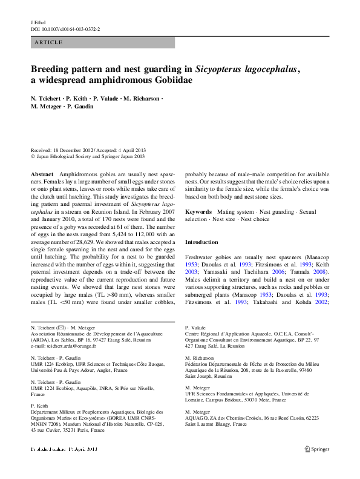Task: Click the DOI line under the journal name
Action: coord(65,28)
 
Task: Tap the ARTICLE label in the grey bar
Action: coord(48,42)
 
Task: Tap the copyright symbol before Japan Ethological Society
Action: coord(33,156)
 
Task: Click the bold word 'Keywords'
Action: coord(198,213)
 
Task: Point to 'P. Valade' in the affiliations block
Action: coord(196,327)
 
